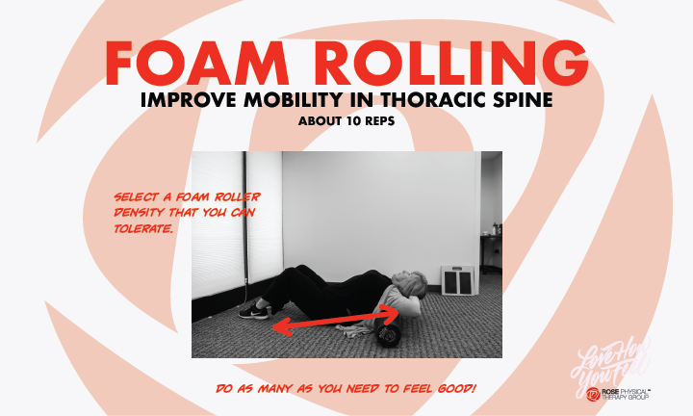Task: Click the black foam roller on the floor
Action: click(389, 335)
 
